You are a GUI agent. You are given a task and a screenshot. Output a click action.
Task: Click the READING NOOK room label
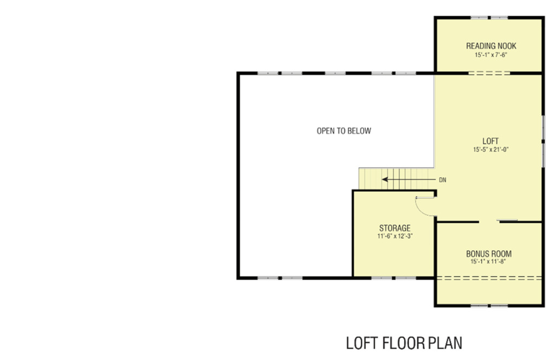491,46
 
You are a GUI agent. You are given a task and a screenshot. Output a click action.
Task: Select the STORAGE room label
394,228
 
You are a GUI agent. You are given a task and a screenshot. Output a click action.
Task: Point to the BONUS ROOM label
488,254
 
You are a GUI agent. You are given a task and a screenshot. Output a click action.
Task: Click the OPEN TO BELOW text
344,131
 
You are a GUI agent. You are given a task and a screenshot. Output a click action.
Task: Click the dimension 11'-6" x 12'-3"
394,236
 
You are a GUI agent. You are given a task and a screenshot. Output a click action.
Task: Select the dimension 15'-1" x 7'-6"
491,55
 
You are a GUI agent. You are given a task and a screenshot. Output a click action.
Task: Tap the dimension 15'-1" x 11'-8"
488,262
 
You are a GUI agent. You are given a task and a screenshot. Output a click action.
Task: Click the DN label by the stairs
443,180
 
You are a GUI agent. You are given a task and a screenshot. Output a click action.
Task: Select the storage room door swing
426,206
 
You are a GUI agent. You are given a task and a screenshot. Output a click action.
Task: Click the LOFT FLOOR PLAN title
404,343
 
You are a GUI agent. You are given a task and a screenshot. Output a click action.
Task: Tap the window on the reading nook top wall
489,18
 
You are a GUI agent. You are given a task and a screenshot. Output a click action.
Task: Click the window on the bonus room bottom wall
489,306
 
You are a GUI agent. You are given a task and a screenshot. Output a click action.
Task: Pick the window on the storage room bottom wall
394,278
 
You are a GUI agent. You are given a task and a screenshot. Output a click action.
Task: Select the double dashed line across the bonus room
489,278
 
